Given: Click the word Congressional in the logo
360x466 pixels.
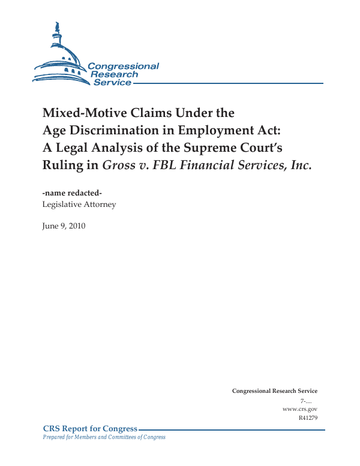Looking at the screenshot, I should [x=123, y=66].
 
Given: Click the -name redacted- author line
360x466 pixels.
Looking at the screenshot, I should [x=68, y=193].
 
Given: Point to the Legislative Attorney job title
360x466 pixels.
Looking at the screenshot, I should [x=79, y=205].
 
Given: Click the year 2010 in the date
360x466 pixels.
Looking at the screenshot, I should [x=76, y=226].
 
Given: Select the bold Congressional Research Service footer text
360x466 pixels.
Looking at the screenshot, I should [x=274, y=391].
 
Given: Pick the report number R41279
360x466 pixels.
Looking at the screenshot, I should [x=307, y=417].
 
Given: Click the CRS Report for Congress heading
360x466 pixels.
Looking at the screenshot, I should [x=90, y=429].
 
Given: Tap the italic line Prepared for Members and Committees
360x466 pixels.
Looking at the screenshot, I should [x=104, y=437].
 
